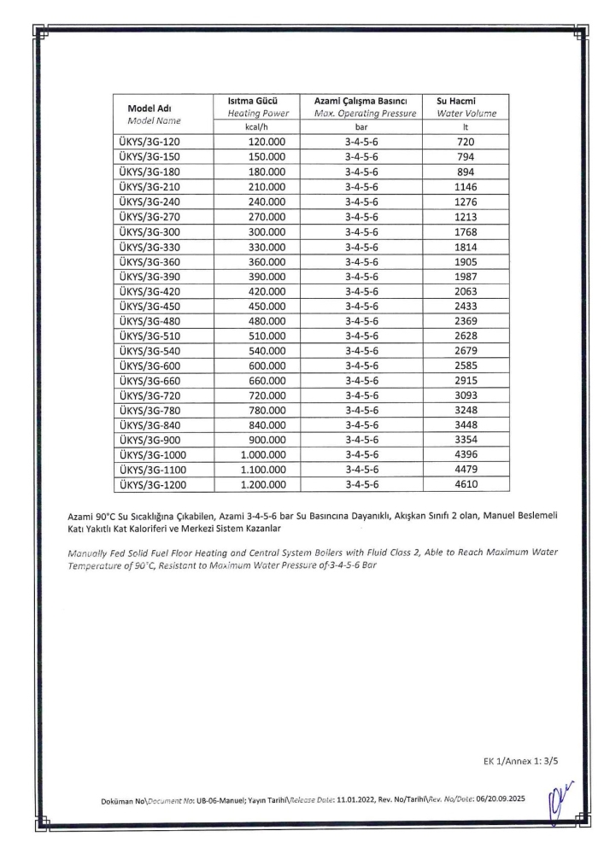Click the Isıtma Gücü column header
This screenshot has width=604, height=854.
255,100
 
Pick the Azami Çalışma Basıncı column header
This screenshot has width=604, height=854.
363,100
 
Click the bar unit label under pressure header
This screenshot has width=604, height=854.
363,126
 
